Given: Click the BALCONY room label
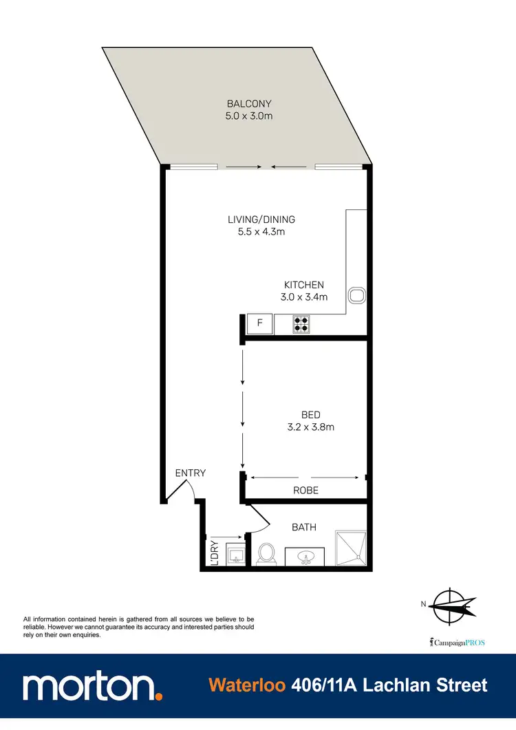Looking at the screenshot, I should (248, 104).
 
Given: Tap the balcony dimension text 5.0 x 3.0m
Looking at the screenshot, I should (248, 116).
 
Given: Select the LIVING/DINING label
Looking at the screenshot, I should (261, 219).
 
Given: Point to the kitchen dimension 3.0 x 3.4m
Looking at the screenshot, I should (304, 297).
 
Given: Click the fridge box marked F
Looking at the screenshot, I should (260, 323).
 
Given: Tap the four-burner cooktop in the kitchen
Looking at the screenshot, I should (301, 323).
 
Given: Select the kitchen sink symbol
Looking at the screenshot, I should (356, 296).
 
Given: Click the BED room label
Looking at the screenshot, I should (311, 415).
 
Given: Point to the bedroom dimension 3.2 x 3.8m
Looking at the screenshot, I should (311, 427).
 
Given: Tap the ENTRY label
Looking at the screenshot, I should (191, 473).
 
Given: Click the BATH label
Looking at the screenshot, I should (304, 527).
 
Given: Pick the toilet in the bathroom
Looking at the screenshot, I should (266, 553).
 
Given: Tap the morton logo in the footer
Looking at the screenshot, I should (93, 687).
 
